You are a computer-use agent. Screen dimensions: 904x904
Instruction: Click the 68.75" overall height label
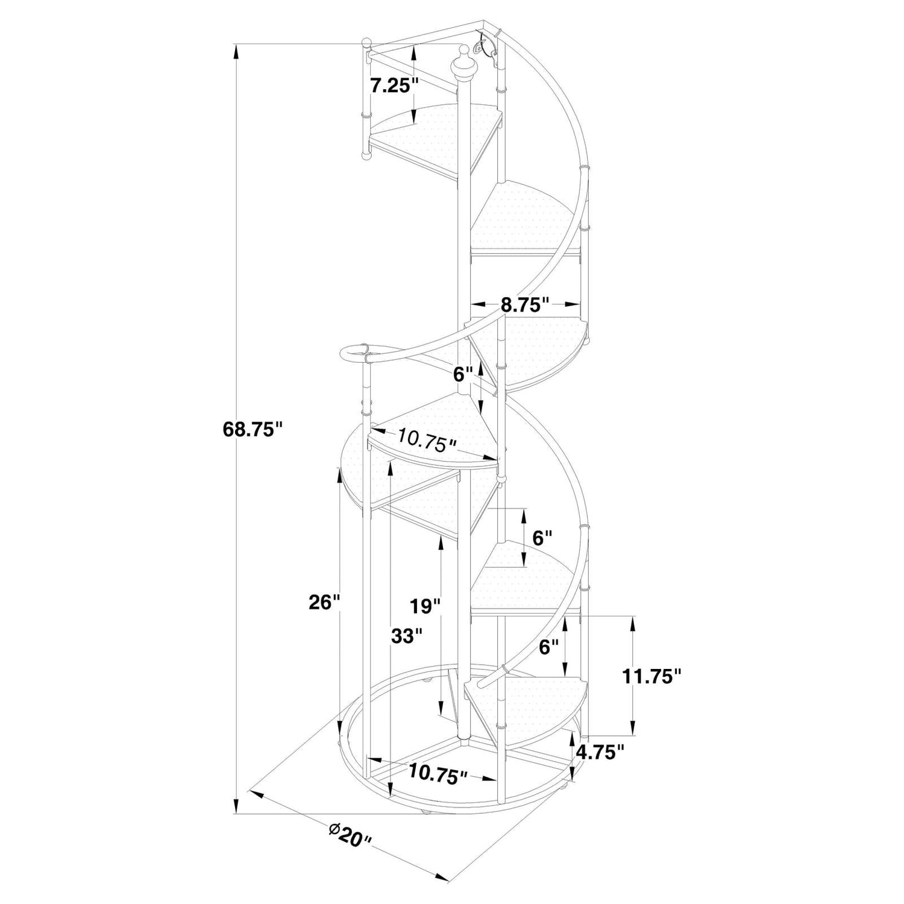(253, 429)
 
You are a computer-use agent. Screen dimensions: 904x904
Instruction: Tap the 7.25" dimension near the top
(395, 85)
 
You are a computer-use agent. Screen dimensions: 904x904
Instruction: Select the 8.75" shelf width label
(526, 304)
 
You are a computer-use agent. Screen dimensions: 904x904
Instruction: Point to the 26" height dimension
(324, 601)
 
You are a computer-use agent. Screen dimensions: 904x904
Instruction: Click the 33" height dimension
(406, 635)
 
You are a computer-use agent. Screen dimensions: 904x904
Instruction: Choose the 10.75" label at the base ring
(438, 773)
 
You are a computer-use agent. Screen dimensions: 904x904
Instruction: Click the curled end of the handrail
(355, 353)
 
